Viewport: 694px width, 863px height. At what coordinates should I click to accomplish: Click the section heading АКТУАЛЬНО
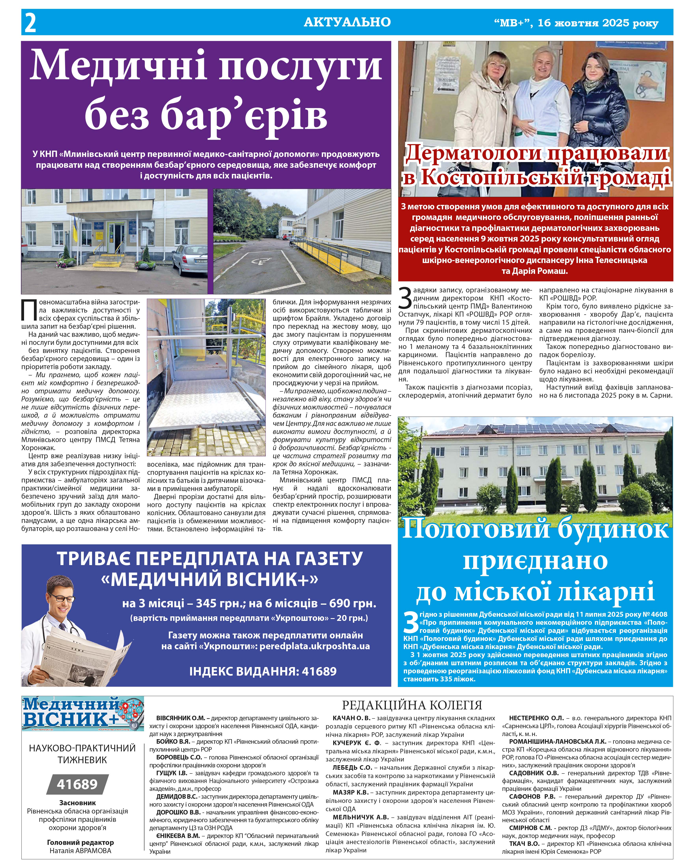coord(347,22)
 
